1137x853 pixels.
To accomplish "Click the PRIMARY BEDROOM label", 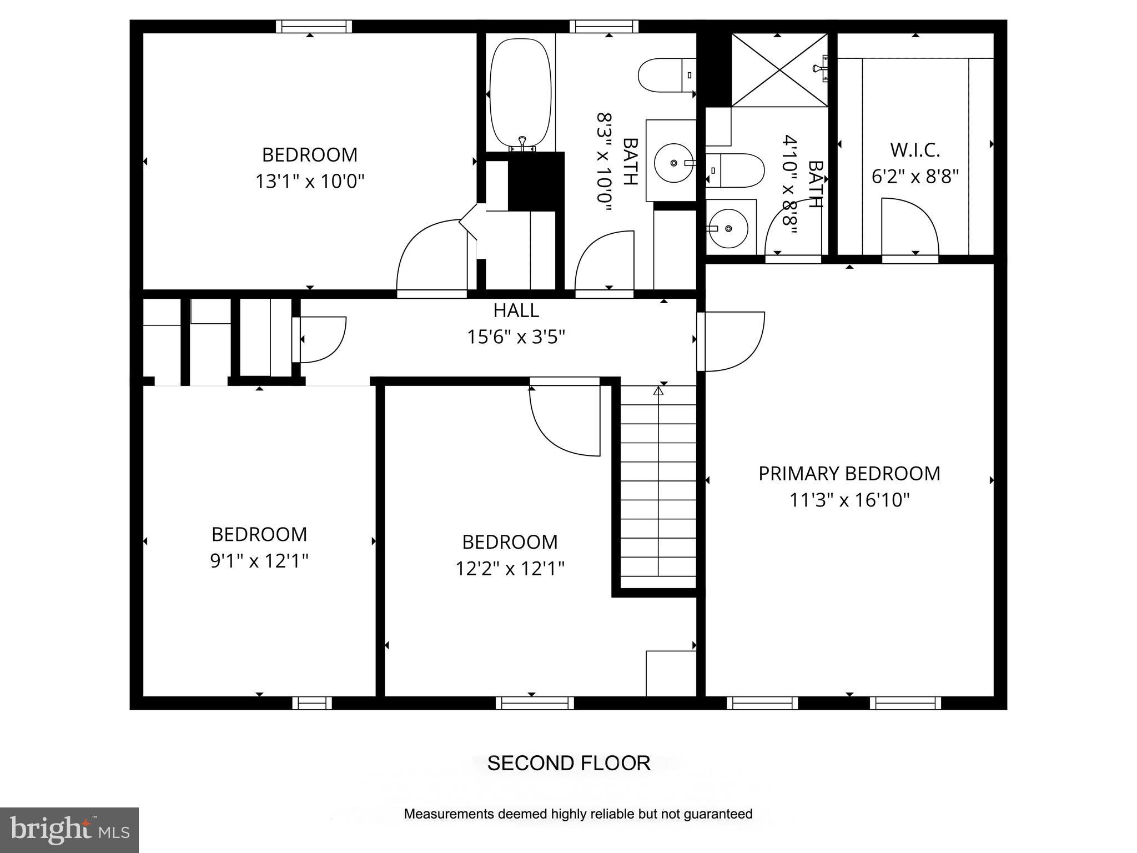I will coord(849,474).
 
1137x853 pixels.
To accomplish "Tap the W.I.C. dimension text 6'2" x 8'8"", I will coord(915,177).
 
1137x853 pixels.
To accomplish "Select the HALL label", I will coord(516,310).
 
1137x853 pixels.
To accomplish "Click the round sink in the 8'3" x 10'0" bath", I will coord(673,163).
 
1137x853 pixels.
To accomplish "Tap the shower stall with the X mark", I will coord(779,69).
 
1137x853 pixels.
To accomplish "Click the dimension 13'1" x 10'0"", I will coord(309,182).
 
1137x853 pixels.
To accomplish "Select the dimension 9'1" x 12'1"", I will coord(259,561).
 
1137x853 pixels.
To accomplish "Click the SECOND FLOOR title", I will coord(568,763).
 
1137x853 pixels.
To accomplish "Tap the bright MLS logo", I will coord(69,830).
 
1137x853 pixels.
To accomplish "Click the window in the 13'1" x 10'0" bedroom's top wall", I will coord(314,26).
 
